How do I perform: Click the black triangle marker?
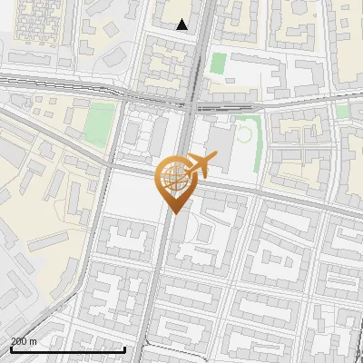point(182,25)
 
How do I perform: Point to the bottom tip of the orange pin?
point(172,212)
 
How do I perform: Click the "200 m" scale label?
point(25,340)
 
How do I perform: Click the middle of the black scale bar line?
point(67,348)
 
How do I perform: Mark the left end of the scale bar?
point(10,348)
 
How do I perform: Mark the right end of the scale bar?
point(124,348)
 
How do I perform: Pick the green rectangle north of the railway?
point(218,64)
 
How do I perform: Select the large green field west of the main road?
point(102,125)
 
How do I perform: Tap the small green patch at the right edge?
point(342,110)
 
